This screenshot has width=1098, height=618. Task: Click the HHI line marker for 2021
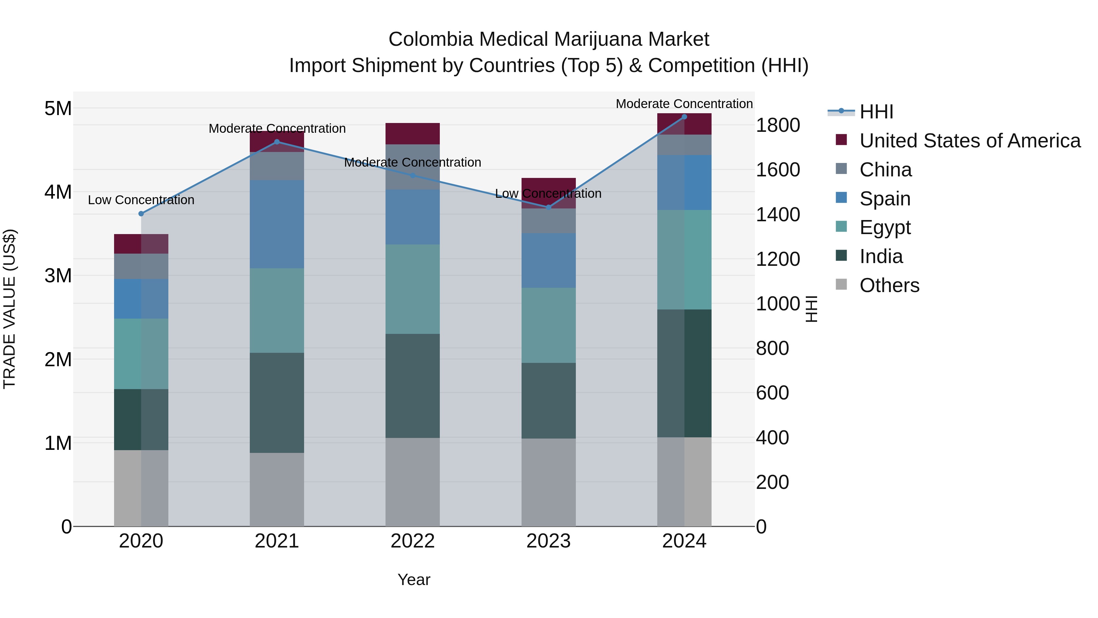(277, 142)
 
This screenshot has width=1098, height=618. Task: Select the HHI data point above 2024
(684, 117)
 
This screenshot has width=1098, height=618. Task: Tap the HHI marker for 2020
(141, 214)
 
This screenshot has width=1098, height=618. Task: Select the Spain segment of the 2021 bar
(277, 224)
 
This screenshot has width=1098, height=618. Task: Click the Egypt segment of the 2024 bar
(684, 259)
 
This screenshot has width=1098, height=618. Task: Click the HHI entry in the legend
(876, 112)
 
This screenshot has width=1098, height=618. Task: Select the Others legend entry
(889, 285)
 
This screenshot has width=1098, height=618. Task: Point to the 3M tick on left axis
(58, 276)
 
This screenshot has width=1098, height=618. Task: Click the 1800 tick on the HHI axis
(777, 125)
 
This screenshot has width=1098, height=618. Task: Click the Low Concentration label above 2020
(141, 200)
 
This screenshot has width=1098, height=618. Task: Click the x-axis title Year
(414, 580)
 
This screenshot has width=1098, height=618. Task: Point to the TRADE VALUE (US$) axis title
(9, 309)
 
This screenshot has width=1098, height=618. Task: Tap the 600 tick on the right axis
(772, 393)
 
